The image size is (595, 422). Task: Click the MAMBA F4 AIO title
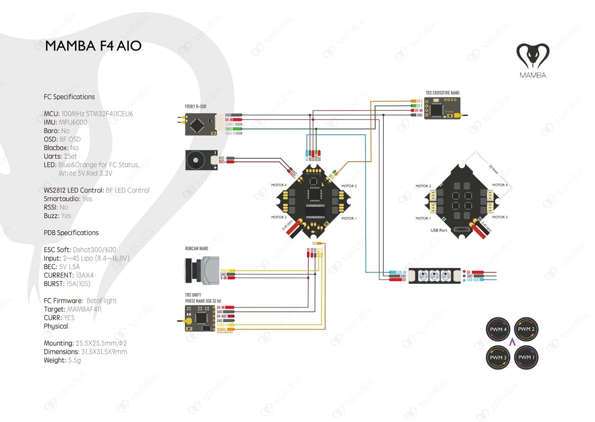coord(93,46)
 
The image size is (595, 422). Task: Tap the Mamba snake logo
coord(533,56)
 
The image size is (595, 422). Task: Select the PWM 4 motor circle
coord(498,330)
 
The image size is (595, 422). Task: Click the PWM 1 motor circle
coord(526,357)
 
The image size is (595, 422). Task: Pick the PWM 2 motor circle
coord(526,329)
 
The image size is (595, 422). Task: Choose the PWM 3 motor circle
coord(498,357)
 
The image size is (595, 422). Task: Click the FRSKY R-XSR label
coord(196,107)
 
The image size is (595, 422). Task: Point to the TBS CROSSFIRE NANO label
coord(442,93)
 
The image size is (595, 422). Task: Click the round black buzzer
coord(195,160)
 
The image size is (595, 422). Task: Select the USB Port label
coord(439,230)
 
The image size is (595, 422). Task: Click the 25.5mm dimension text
coord(494,170)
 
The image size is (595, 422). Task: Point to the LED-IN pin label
coord(401,273)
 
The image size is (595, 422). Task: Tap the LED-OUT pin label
coord(473,280)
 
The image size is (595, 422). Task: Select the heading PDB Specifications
coord(71,233)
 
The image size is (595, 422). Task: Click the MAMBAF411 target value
coord(84,309)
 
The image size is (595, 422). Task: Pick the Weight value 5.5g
coord(74,360)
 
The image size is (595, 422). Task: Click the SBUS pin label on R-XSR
coord(229,129)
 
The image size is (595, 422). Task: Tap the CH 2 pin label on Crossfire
coord(419,101)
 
